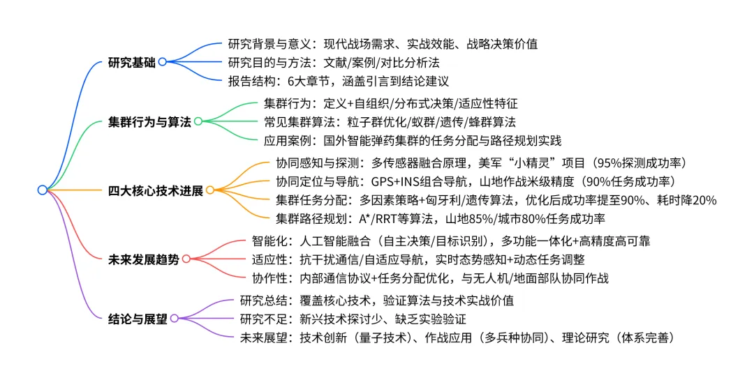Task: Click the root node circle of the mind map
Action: pyautogui.click(x=43, y=190)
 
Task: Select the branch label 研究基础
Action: pyautogui.click(x=133, y=61)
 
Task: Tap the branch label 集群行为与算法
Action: pyautogui.click(x=150, y=121)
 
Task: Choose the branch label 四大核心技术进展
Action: pyautogui.click(x=156, y=190)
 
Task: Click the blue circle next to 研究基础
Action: pyautogui.click(x=163, y=61)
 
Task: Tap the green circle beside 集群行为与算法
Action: pyautogui.click(x=198, y=121)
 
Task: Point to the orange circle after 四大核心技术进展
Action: pyautogui.click(x=209, y=190)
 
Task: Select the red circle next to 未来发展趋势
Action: pyautogui.click(x=186, y=259)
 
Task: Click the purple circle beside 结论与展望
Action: pyautogui.click(x=175, y=319)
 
